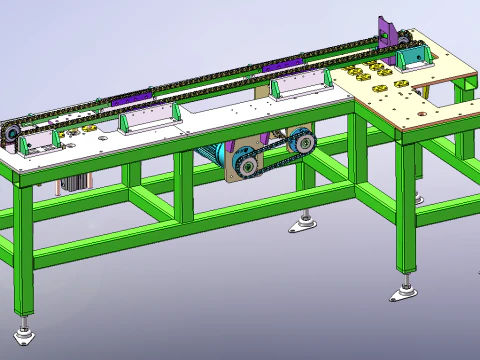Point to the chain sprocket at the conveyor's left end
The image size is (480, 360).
pyautogui.click(x=10, y=134)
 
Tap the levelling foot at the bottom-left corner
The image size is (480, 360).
pyautogui.click(x=25, y=333)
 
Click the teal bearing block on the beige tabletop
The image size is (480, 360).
pyautogui.click(x=411, y=58)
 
